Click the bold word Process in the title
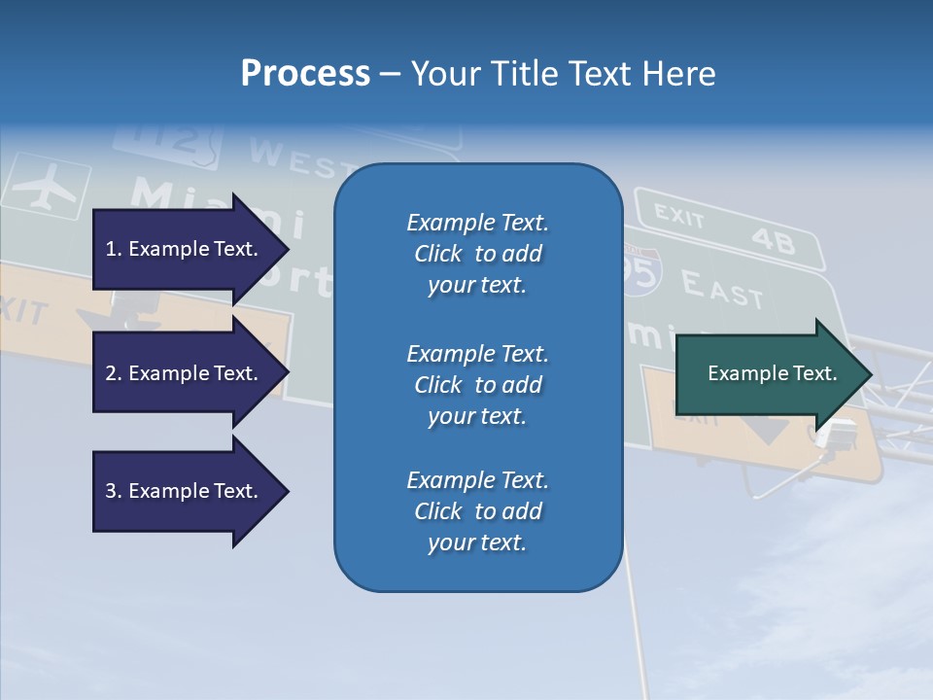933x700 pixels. click(305, 74)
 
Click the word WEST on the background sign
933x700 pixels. click(291, 158)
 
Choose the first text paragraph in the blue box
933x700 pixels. click(477, 254)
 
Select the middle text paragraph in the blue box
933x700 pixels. click(477, 385)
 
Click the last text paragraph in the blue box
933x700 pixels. click(477, 511)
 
